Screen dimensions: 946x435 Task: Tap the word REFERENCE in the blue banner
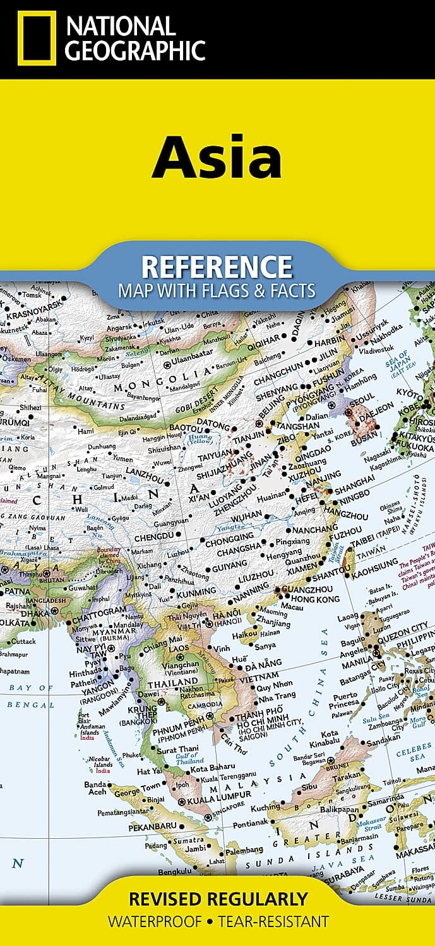(217, 267)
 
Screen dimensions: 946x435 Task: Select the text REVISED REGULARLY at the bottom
(218, 899)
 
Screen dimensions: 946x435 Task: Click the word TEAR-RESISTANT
(273, 921)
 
